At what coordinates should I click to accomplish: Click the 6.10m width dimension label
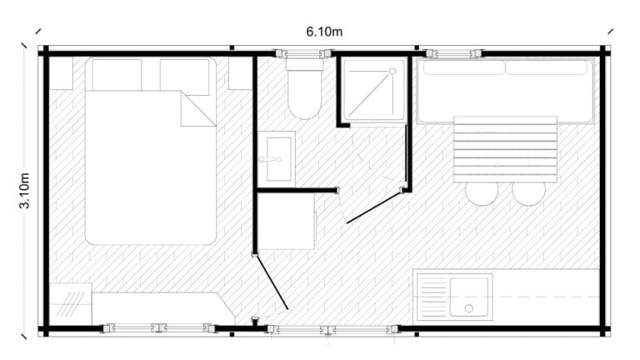(x=324, y=32)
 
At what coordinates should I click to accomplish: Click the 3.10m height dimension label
(x=24, y=191)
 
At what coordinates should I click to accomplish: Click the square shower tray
(x=373, y=90)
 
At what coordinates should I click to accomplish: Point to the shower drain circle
(x=392, y=72)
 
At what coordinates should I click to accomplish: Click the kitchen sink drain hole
(x=469, y=308)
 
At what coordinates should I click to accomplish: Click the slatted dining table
(x=505, y=149)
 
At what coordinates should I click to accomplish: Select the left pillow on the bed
(x=117, y=75)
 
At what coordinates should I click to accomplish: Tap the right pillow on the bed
(x=184, y=77)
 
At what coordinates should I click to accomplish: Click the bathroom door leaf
(x=374, y=207)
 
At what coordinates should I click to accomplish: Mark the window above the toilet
(x=304, y=53)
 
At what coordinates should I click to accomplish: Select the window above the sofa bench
(x=454, y=53)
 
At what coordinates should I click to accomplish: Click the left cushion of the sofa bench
(x=464, y=67)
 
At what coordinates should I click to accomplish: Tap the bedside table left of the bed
(x=61, y=73)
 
